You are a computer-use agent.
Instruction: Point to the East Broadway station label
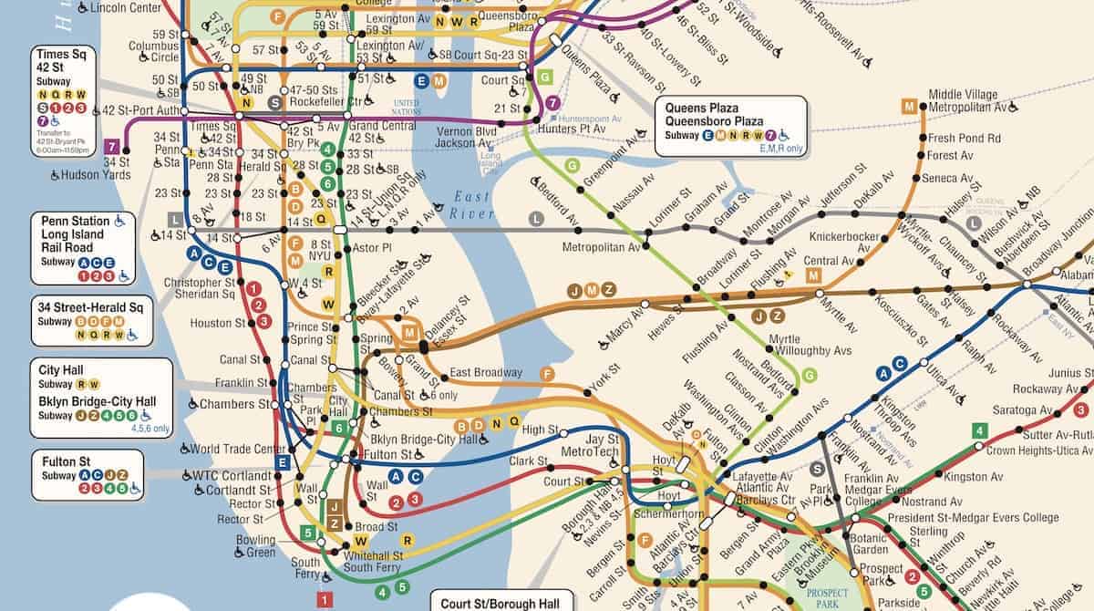coord(486,372)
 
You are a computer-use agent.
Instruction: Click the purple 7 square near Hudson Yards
coord(112,146)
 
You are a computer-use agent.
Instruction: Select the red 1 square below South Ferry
coord(325,600)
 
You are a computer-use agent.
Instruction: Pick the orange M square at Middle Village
coord(908,106)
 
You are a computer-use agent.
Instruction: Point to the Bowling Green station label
coord(255,546)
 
